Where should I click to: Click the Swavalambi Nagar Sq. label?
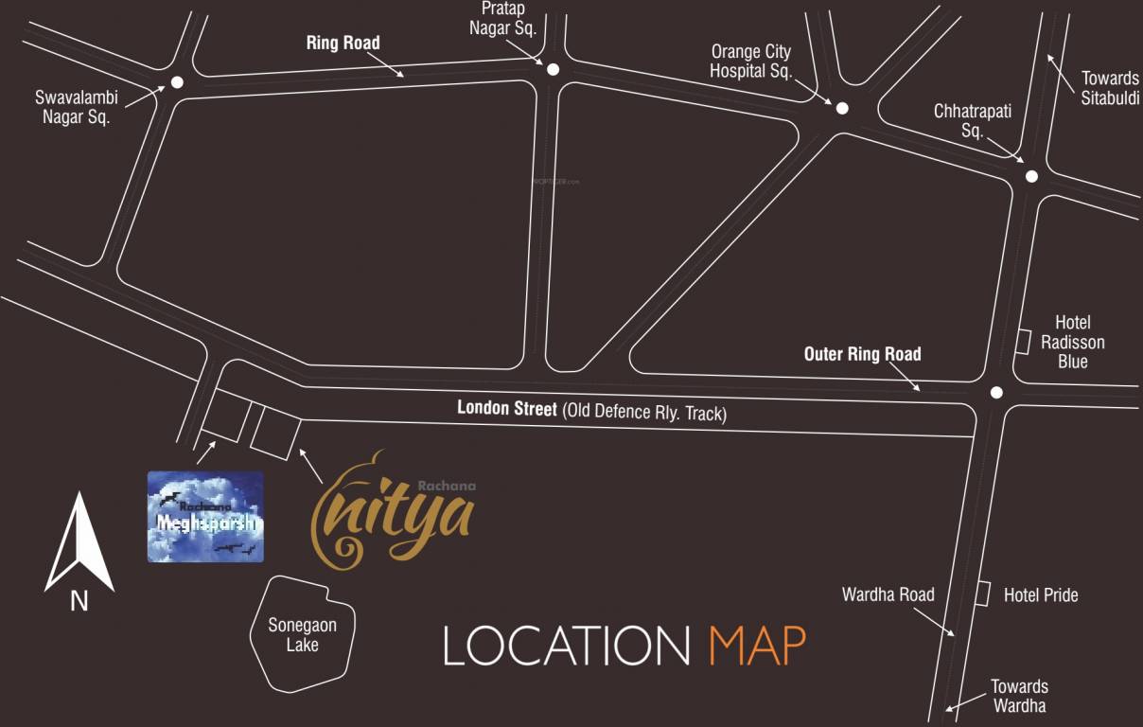click(73, 107)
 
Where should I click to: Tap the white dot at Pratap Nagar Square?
click(553, 69)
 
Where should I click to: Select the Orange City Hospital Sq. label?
click(750, 61)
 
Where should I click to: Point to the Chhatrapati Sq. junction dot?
click(1031, 176)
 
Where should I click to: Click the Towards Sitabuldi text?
click(1110, 88)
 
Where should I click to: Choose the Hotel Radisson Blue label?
click(1072, 343)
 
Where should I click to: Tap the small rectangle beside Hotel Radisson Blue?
click(1023, 342)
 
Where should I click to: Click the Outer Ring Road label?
click(862, 354)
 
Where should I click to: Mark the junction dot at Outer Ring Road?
click(995, 393)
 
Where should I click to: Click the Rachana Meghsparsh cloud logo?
click(205, 517)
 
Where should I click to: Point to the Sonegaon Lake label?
click(302, 635)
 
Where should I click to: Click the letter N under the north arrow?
click(79, 600)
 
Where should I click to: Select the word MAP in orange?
click(757, 647)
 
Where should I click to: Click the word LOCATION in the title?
click(567, 647)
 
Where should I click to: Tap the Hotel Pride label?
click(1041, 594)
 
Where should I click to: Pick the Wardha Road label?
click(888, 594)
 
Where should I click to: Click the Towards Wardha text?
click(1019, 696)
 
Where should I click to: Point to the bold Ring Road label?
click(343, 43)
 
